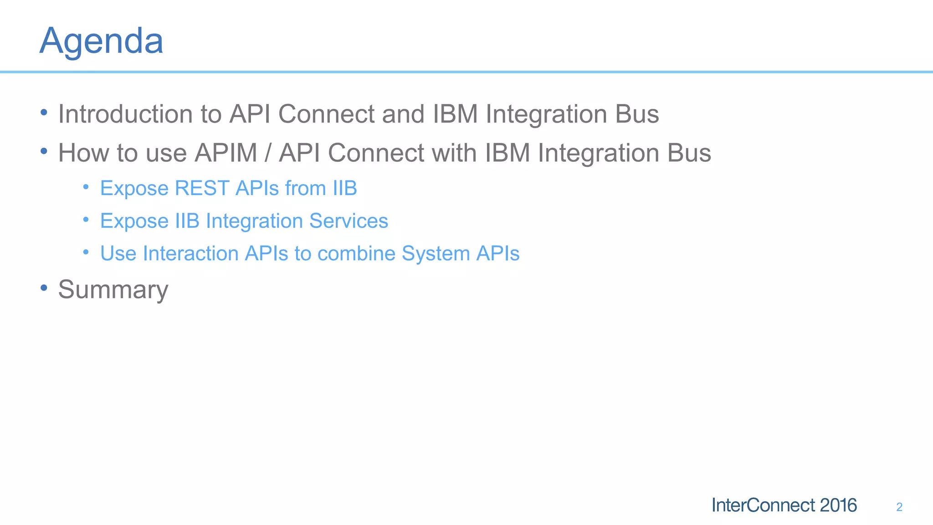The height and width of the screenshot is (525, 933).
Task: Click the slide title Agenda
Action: (x=101, y=41)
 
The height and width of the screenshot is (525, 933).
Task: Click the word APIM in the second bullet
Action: (x=226, y=153)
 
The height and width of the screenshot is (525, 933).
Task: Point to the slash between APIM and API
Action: (x=268, y=153)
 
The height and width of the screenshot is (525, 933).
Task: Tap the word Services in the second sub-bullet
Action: (x=349, y=221)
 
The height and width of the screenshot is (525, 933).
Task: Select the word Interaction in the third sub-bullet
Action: (x=190, y=254)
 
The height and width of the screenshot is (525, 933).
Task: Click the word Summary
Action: (x=113, y=290)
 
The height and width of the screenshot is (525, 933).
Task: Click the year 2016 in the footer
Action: (x=838, y=505)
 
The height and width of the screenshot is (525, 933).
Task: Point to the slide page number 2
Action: (x=899, y=507)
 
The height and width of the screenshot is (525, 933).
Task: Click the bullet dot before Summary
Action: (x=44, y=288)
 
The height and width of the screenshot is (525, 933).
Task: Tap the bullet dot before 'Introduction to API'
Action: (x=44, y=112)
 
